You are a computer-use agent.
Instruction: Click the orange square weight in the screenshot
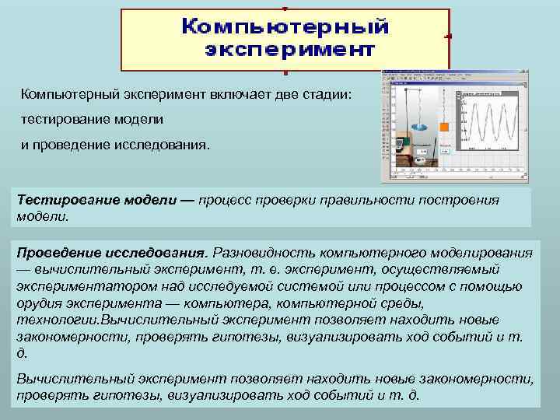444,127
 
